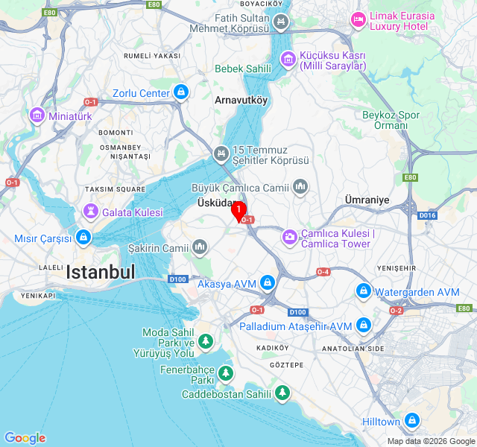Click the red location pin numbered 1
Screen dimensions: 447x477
pos(238,210)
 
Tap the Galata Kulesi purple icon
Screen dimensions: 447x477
pos(90,212)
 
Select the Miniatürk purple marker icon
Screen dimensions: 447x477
pos(37,115)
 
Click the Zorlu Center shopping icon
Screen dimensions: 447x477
pos(180,93)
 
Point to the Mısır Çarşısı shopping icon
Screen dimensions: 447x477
pos(83,238)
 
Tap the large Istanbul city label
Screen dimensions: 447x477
pos(101,272)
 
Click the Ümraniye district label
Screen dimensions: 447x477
pos(367,200)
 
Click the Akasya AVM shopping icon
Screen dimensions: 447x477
pos(267,283)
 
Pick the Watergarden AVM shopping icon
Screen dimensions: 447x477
pos(363,291)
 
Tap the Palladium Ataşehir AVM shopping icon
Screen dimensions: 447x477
pos(363,326)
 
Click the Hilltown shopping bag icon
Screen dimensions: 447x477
pos(411,422)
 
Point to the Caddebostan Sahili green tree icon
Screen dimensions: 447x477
pos(282,393)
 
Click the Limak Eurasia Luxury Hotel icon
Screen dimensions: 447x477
pos(358,18)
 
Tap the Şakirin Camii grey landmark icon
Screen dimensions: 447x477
pos(199,247)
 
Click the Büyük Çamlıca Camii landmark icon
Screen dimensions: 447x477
pos(300,186)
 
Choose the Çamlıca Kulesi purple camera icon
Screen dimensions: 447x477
pos(288,237)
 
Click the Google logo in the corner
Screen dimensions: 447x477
pos(25,438)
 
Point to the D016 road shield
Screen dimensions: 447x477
pos(426,216)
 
